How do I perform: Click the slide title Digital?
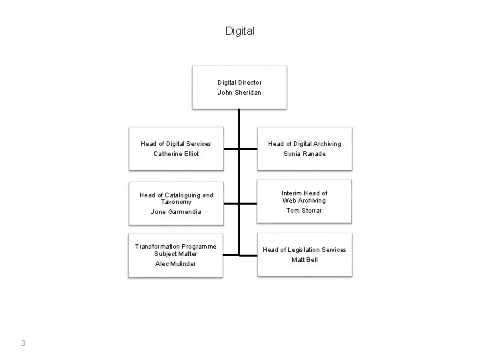(240, 31)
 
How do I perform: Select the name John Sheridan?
(239, 93)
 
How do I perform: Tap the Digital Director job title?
(239, 83)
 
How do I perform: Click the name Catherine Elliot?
(176, 154)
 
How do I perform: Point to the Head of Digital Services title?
(176, 144)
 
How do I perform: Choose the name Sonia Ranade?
(305, 154)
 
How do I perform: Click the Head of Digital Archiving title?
(305, 144)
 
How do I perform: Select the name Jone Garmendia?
(176, 212)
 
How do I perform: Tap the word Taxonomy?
(176, 202)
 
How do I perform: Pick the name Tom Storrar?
(304, 210)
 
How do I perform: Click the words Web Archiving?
(304, 201)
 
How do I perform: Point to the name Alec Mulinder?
(175, 264)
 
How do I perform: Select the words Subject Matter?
(175, 254)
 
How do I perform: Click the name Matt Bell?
(305, 260)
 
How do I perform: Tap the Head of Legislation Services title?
(305, 250)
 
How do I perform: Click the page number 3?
(23, 343)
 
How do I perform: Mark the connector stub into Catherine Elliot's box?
(231, 149)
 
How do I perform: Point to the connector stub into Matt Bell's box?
(249, 255)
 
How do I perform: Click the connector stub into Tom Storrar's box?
(248, 203)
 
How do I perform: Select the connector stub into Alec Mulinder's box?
(231, 255)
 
